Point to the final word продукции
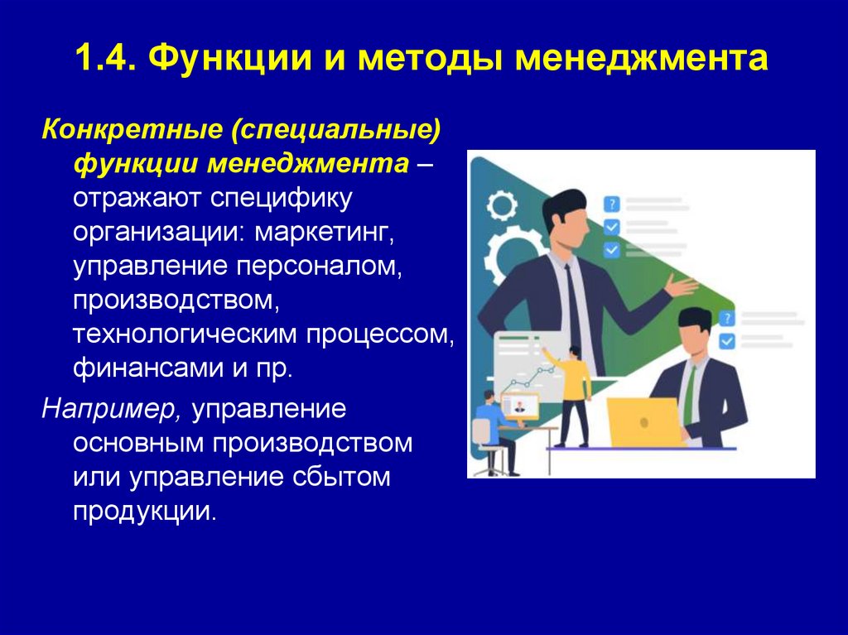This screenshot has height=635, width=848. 144,511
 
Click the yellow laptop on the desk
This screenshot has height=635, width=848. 644,423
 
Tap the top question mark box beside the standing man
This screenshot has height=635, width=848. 611,204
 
